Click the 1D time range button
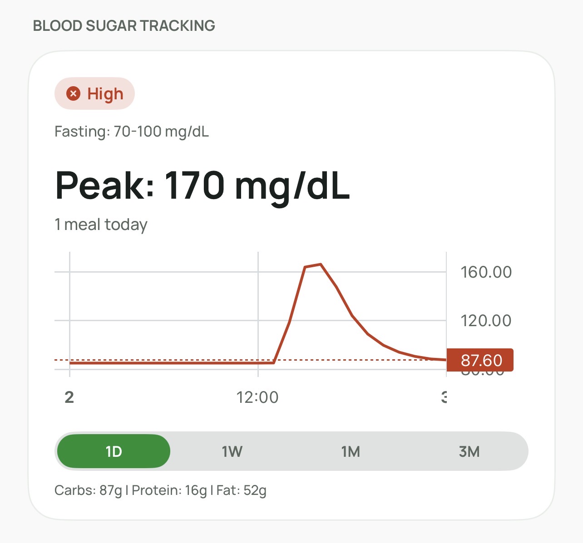tap(113, 451)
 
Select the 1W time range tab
tap(232, 451)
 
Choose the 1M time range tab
tap(351, 451)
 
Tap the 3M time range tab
tap(469, 451)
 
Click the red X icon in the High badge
tap(73, 93)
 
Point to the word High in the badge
tap(105, 94)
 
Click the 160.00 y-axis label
tap(486, 272)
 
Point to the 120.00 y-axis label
tap(486, 321)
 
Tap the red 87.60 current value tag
tap(480, 360)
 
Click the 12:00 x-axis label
tap(257, 397)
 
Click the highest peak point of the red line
tap(321, 264)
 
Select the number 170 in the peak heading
tap(194, 185)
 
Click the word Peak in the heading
tap(105, 185)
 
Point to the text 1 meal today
tap(101, 225)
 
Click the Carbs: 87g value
tap(88, 490)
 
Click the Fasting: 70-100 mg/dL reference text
tap(132, 132)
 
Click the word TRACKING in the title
tap(177, 26)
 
